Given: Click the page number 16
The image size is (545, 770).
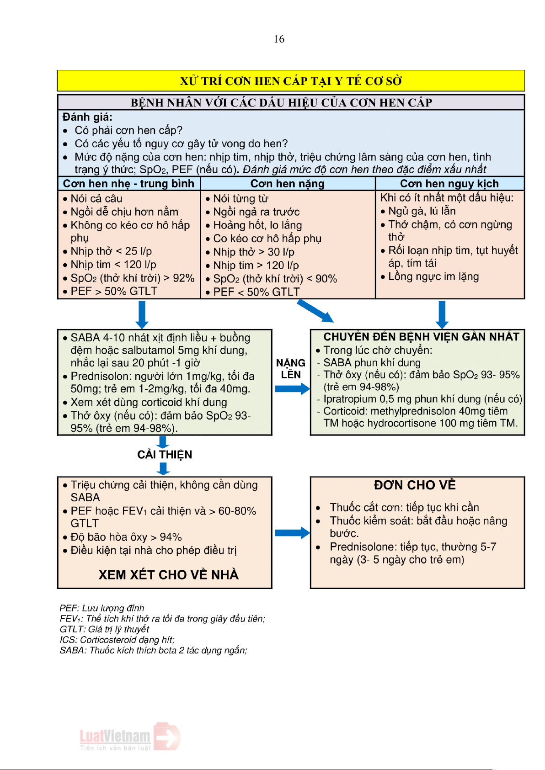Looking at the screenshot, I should pos(279,39).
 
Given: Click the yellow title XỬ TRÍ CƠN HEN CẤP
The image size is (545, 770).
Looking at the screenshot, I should pos(291,81).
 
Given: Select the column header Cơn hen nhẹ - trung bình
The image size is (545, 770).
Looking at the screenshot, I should pos(128,184).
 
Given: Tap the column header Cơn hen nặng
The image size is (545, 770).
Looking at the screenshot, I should pos(287,184).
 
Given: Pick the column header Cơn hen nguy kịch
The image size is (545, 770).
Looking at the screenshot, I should pos(449,184).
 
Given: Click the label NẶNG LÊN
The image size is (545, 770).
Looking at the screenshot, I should pos(291,369).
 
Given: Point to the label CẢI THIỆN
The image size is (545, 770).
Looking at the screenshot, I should pos(165,455).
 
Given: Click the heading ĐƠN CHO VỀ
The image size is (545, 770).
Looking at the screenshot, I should pos(415,485).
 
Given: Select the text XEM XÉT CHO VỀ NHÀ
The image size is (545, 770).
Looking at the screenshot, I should pos(169,575).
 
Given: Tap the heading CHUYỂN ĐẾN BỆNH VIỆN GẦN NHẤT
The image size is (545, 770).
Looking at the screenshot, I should pos(421,337).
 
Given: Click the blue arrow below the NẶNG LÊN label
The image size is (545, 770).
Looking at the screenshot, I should pos(292,389).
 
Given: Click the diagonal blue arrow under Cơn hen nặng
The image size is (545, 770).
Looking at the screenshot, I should pos(315,311).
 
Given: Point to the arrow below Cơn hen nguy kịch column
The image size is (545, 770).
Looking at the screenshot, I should pos(442,314).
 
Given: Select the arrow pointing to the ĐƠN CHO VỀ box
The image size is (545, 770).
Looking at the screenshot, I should pos(292,533).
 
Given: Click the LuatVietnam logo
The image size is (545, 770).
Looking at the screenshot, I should pos(129,737).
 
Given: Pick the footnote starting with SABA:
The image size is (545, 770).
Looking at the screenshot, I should pos(153,650).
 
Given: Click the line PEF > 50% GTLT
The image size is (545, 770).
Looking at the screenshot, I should pos(113,291).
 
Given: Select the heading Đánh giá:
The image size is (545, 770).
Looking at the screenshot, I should pos(87,117).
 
